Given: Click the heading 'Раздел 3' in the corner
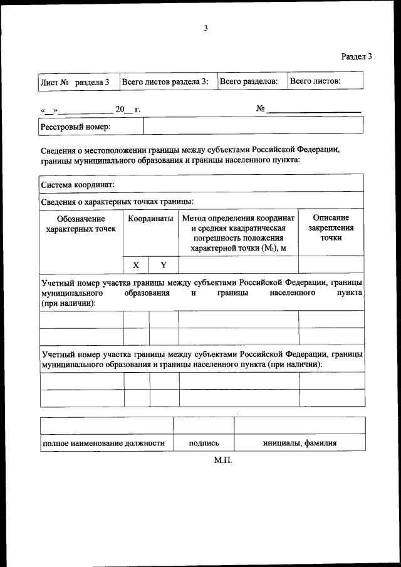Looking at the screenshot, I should pyautogui.click(x=357, y=56).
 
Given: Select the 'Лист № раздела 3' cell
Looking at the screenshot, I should pyautogui.click(x=75, y=82).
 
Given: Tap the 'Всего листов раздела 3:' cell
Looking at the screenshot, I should pyautogui.click(x=165, y=82).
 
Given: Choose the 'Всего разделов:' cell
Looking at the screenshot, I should pyautogui.click(x=249, y=82).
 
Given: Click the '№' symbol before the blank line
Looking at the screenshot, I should pyautogui.click(x=261, y=109).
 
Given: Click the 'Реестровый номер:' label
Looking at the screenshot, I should pyautogui.click(x=75, y=127).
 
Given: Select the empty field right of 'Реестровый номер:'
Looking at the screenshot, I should pyautogui.click(x=253, y=127).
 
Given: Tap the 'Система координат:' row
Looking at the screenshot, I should pyautogui.click(x=78, y=185).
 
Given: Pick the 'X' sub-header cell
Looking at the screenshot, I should pyautogui.click(x=136, y=265).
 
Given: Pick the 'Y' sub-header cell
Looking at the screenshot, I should pyautogui.click(x=164, y=265).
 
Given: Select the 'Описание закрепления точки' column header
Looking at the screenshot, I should pyautogui.click(x=330, y=228).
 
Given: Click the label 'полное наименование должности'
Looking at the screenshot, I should pyautogui.click(x=103, y=443).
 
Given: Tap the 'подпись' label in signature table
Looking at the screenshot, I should pyautogui.click(x=204, y=443).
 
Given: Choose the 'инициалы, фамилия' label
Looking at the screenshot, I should pyautogui.click(x=299, y=443).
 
